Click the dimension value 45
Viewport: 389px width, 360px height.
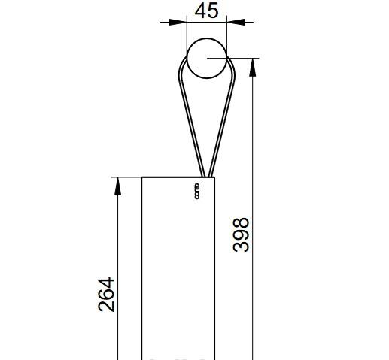(x=206, y=11)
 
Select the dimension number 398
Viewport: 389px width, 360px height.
(x=241, y=234)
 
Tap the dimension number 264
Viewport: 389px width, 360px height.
(x=106, y=295)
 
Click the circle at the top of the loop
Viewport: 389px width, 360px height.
(x=206, y=59)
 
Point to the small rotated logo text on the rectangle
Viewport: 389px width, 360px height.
(x=196, y=191)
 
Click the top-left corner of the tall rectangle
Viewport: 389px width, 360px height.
(x=142, y=177)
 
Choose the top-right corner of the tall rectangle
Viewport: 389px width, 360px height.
(x=215, y=177)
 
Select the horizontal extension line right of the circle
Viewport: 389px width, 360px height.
(x=242, y=58)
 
